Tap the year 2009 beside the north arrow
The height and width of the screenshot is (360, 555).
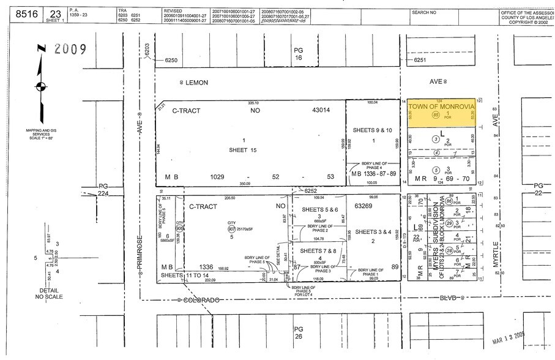click(x=70, y=48)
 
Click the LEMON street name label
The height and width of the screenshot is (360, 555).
click(x=196, y=82)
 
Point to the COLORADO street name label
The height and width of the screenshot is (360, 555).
click(x=198, y=299)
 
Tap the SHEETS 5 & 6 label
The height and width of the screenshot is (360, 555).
click(x=319, y=209)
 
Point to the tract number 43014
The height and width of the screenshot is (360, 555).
click(x=318, y=111)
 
